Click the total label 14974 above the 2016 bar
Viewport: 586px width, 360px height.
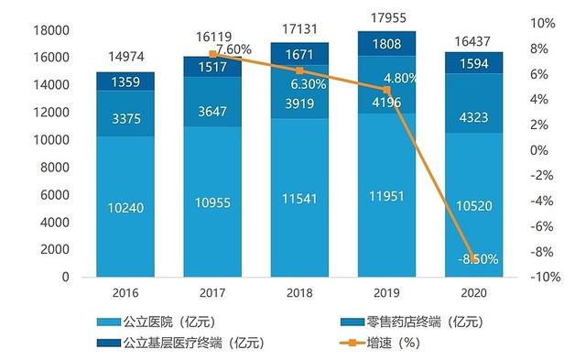125,53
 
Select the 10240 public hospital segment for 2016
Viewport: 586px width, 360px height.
125,208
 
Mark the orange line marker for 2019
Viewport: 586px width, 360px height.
386,90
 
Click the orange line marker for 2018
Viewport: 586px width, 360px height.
299,71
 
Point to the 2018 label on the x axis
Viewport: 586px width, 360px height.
299,292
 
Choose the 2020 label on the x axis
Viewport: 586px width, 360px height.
473,292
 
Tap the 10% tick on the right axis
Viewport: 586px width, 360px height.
543,23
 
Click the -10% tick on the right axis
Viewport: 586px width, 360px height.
543,278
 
